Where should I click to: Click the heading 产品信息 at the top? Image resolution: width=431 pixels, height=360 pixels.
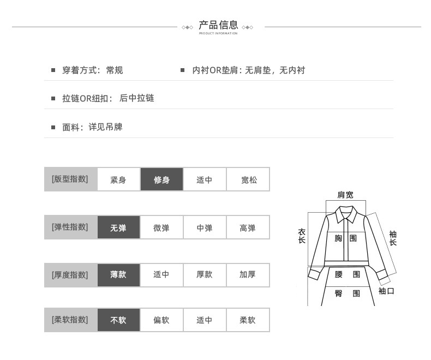click(x=218, y=25)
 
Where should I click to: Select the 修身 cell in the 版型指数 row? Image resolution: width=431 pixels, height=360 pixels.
click(x=161, y=179)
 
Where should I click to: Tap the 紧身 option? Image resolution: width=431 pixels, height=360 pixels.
click(x=118, y=179)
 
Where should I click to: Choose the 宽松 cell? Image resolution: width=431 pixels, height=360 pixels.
click(x=248, y=179)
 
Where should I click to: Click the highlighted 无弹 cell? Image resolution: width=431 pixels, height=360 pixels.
click(x=118, y=227)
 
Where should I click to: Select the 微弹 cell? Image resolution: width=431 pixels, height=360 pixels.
click(x=161, y=227)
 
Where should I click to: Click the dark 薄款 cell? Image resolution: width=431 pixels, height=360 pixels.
click(x=118, y=274)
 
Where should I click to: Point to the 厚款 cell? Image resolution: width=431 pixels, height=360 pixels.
click(x=205, y=274)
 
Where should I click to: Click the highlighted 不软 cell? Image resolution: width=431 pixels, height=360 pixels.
click(x=118, y=320)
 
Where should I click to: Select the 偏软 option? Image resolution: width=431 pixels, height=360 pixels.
click(x=161, y=320)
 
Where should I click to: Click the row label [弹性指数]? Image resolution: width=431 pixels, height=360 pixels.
click(x=70, y=227)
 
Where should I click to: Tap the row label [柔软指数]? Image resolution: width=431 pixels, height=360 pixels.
click(x=70, y=320)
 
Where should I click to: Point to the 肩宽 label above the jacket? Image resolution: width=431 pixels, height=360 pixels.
click(x=345, y=195)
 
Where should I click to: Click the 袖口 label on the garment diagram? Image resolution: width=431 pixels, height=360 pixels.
click(x=386, y=291)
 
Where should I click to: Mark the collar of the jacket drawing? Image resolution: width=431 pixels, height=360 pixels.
click(x=345, y=214)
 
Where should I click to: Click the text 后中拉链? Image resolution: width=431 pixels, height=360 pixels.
click(x=137, y=98)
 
